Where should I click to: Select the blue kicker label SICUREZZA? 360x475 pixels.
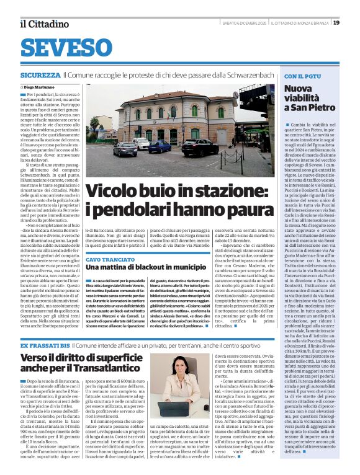point(40,74)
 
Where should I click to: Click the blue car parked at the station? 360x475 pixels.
point(160,146)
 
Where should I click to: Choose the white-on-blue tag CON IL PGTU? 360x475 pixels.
point(303,77)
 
